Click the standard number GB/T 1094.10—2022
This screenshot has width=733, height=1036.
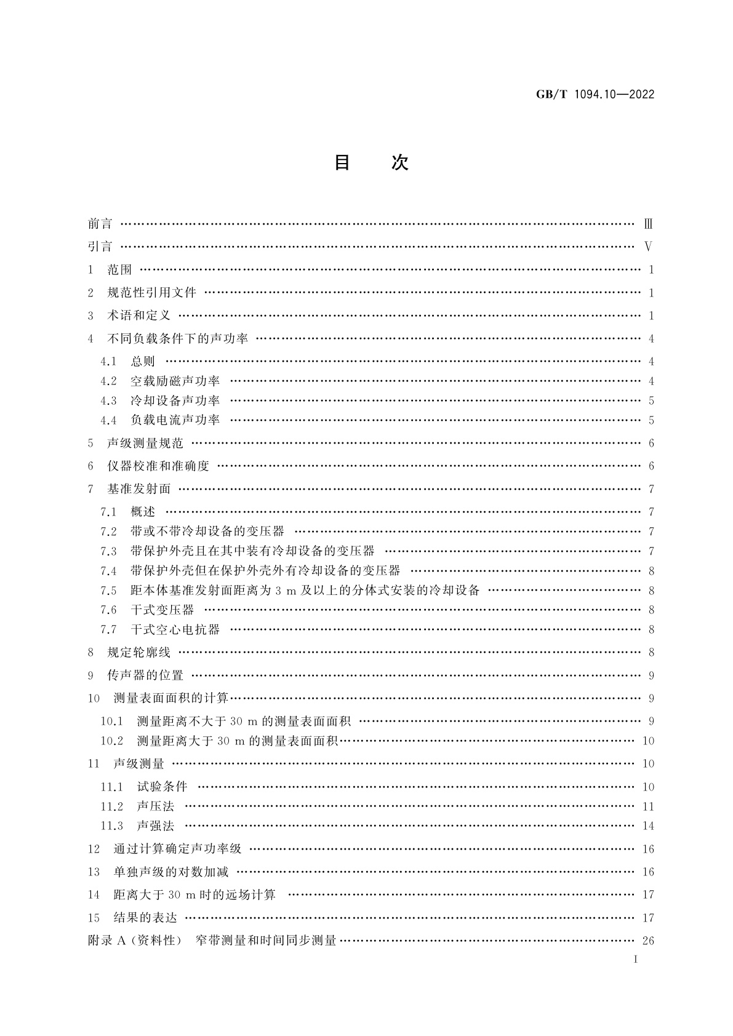tap(595, 95)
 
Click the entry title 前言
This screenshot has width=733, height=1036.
tap(100, 224)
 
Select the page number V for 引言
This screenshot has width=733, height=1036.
tap(647, 247)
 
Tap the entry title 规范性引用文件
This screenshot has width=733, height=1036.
tap(151, 293)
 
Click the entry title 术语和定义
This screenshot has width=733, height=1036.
tap(138, 316)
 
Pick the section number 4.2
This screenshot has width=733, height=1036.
tap(108, 381)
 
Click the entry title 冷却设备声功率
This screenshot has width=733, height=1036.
tap(175, 401)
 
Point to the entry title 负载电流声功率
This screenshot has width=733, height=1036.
tap(175, 420)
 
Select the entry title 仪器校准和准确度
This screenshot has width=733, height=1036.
tap(158, 466)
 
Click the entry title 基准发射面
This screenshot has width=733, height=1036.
tap(138, 489)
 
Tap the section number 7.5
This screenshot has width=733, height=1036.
tap(108, 591)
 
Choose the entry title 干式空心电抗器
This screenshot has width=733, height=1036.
tap(175, 629)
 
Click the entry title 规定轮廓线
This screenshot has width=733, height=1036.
tap(138, 652)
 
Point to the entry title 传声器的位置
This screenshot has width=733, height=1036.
tap(145, 675)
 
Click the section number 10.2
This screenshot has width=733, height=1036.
tap(111, 741)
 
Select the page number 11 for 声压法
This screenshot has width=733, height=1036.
tap(647, 807)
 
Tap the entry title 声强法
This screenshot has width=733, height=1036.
tap(156, 826)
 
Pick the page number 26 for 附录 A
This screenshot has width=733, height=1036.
tap(647, 941)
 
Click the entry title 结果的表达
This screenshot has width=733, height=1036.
tap(145, 918)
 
